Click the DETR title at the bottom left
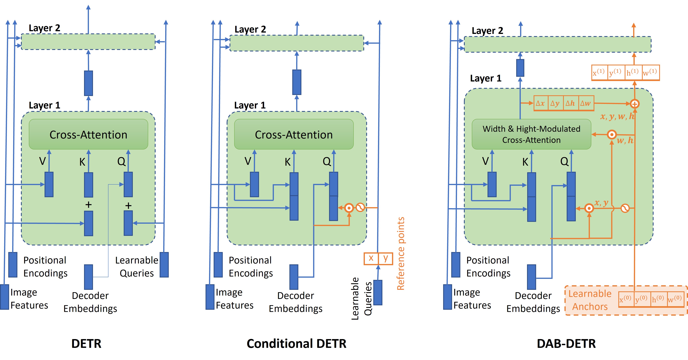pyautogui.click(x=86, y=343)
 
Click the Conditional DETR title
pyautogui.click(x=296, y=343)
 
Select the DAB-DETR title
pyautogui.click(x=566, y=343)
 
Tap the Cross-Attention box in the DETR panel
pyautogui.click(x=88, y=134)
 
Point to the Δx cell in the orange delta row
pyautogui.click(x=540, y=103)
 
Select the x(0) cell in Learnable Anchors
pyautogui.click(x=626, y=299)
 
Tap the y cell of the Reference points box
pyautogui.click(x=385, y=258)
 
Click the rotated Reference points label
pyautogui.click(x=401, y=254)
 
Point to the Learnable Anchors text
pyautogui.click(x=590, y=300)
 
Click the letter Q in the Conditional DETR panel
pyautogui.click(x=327, y=161)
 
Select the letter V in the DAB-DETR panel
pyautogui.click(x=485, y=161)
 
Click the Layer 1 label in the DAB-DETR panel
pyautogui.click(x=485, y=78)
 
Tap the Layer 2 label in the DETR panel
pyautogui.click(x=44, y=28)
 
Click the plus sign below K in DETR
pyautogui.click(x=88, y=205)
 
